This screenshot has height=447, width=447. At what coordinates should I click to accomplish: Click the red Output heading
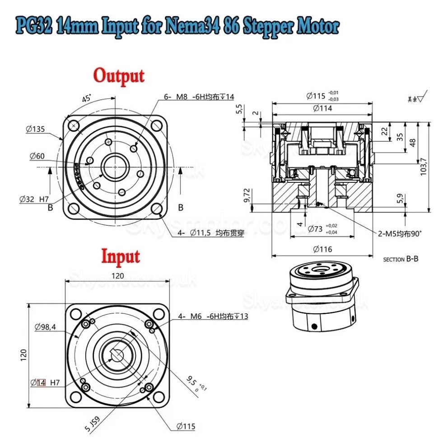[119, 75]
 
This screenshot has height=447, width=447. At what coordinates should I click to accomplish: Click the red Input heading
[120, 256]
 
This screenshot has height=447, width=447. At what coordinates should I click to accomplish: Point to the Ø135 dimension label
[35, 130]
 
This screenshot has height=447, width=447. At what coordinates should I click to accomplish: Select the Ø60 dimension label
[37, 156]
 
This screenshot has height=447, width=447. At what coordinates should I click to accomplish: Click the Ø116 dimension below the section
[322, 249]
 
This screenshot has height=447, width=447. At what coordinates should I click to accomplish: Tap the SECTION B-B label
[400, 259]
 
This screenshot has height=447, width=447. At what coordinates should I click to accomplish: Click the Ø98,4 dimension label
[45, 328]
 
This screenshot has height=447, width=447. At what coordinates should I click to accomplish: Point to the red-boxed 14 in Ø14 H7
[41, 382]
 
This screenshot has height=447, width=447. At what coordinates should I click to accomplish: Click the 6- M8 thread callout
[199, 96]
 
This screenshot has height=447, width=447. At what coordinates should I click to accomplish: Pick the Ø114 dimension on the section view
[322, 108]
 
